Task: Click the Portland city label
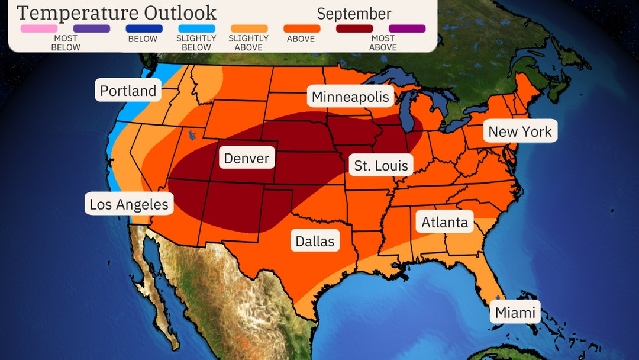128,91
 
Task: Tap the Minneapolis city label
350,97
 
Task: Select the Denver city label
246,158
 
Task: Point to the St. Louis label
381,165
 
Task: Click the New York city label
519,131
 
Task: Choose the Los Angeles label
129,204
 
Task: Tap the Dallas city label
315,241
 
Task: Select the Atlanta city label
444,222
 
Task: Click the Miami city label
515,312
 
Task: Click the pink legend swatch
39,28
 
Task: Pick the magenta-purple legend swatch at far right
407,28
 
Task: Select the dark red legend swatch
354,28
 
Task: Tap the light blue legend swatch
196,28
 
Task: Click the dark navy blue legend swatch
144,28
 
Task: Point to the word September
354,14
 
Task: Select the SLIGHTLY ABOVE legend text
248,43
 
